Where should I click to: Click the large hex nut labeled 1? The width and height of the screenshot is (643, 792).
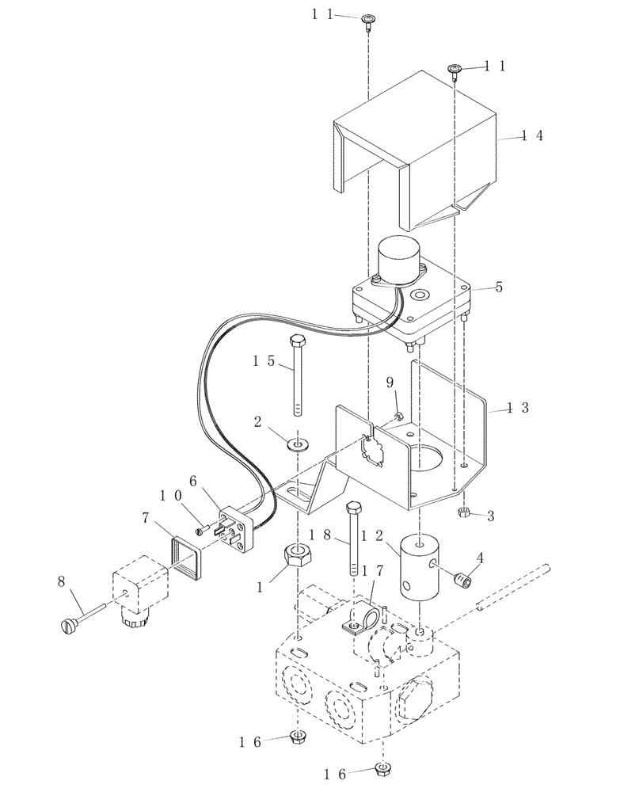(x=295, y=554)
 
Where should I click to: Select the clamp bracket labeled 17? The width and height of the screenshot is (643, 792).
(x=361, y=620)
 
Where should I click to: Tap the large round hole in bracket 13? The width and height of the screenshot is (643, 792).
(x=432, y=461)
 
